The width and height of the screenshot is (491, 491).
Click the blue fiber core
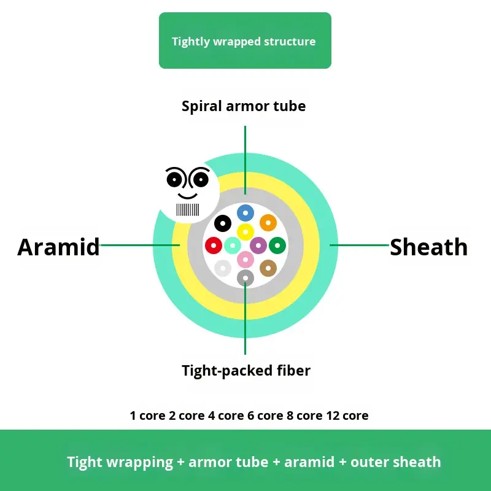point(245,213)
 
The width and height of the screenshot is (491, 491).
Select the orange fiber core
point(268,222)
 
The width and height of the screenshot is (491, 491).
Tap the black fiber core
point(222,222)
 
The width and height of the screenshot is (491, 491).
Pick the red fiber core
point(214,245)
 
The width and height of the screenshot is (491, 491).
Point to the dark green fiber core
point(277,245)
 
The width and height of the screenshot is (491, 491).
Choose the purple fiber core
point(258,245)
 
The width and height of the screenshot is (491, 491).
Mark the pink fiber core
point(245,260)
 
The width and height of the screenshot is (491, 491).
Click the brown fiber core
point(268,268)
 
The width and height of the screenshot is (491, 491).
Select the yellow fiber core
point(245,232)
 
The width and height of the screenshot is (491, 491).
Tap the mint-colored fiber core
point(231,245)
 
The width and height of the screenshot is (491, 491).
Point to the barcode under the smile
point(188,210)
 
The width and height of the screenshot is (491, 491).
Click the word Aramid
point(58,247)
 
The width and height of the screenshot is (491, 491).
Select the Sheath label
point(428,247)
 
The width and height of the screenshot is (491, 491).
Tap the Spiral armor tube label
point(244,106)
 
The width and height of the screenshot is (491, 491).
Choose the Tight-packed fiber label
point(246,371)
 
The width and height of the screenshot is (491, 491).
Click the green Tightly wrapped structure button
point(245,41)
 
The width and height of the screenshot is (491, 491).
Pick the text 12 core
point(347,416)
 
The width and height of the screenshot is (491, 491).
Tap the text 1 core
point(147,416)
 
